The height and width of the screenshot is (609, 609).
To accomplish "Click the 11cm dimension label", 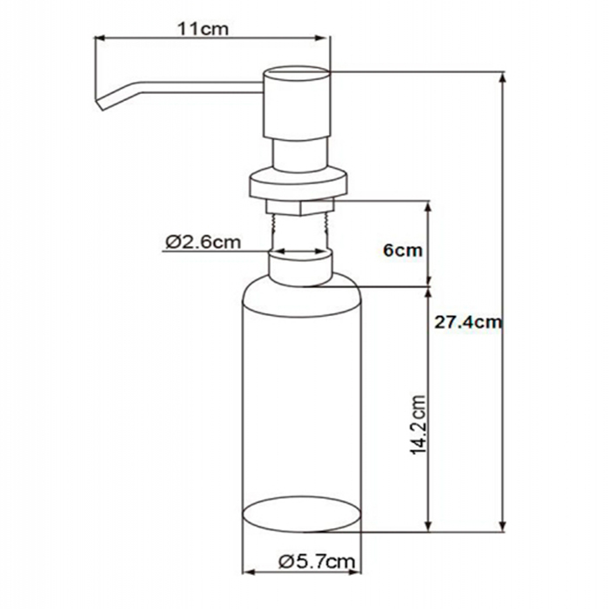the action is pyautogui.click(x=203, y=29).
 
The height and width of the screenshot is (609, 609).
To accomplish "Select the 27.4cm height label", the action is pyautogui.click(x=468, y=323).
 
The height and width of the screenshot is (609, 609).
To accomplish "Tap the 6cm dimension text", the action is pyautogui.click(x=402, y=251).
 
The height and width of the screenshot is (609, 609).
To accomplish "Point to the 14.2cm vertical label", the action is pyautogui.click(x=418, y=425).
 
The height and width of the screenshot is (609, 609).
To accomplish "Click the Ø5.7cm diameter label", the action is pyautogui.click(x=317, y=561).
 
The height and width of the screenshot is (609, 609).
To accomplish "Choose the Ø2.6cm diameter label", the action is pyautogui.click(x=203, y=243).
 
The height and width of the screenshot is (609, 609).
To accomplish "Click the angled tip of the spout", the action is pyautogui.click(x=100, y=104).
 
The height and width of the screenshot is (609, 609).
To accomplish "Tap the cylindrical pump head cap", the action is pyautogui.click(x=297, y=103).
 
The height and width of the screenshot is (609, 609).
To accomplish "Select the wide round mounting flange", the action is pyautogui.click(x=298, y=184).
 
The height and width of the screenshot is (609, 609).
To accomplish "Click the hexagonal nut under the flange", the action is pyautogui.click(x=300, y=207).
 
